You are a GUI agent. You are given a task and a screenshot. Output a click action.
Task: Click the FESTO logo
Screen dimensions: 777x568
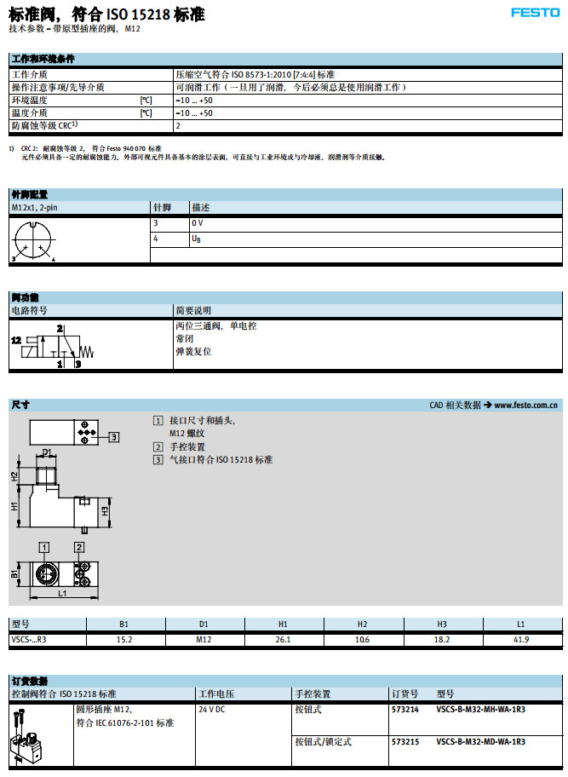(x=535, y=12)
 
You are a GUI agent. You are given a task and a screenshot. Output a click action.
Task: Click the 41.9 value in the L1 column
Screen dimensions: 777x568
(x=522, y=639)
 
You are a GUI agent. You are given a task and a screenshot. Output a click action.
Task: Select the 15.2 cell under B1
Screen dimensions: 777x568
(x=124, y=639)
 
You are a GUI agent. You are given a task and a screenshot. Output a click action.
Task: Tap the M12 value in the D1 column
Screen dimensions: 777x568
(x=204, y=639)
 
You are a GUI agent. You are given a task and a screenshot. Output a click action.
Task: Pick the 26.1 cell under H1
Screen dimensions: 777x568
(x=284, y=639)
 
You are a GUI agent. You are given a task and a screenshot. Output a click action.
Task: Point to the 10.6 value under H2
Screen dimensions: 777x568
(x=363, y=639)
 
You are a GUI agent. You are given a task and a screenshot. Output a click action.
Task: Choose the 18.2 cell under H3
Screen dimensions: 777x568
(x=442, y=639)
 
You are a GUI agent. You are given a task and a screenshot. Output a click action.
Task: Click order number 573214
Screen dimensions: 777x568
(x=404, y=709)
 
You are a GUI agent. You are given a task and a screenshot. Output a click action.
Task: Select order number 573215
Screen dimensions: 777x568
(x=404, y=742)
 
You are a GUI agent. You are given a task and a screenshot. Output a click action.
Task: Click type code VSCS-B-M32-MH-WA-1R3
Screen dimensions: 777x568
(x=480, y=709)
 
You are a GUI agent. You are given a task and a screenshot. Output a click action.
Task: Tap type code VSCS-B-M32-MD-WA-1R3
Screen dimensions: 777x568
(x=480, y=742)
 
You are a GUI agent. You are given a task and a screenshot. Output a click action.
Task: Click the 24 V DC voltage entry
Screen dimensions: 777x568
(x=213, y=709)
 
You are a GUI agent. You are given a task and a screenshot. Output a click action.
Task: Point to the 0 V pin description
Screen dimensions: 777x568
(x=198, y=222)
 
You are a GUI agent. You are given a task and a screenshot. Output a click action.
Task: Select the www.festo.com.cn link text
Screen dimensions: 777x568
(x=525, y=405)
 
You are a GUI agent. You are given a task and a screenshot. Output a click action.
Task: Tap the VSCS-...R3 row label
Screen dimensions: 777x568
(x=29, y=639)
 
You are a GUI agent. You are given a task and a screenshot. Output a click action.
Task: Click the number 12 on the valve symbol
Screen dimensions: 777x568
(x=16, y=339)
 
